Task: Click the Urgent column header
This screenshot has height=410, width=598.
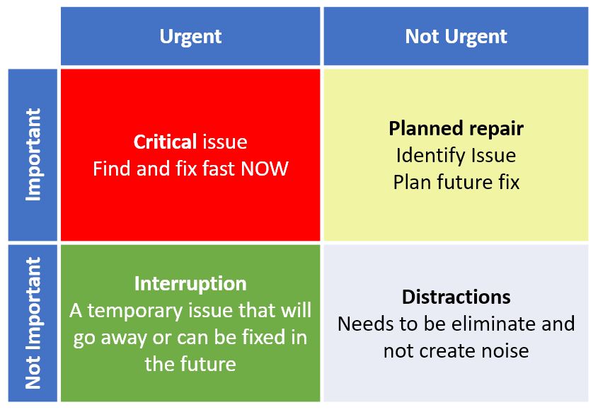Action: pos(190,37)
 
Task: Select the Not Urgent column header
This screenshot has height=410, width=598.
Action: pos(456,37)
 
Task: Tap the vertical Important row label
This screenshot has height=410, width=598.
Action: pos(33,154)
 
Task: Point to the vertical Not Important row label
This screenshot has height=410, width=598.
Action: pos(33,323)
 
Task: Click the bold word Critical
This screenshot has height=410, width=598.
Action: pos(165,142)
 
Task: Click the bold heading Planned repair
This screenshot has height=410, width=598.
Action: pos(456,128)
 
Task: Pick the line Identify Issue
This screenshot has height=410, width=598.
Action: pos(456,155)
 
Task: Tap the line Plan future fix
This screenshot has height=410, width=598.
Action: pos(456,182)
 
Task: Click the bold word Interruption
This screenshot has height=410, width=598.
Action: pos(190,283)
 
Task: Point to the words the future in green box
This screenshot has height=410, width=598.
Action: pos(190,364)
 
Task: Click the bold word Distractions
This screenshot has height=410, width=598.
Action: pos(456,297)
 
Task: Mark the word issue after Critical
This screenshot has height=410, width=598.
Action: pos(224,142)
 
